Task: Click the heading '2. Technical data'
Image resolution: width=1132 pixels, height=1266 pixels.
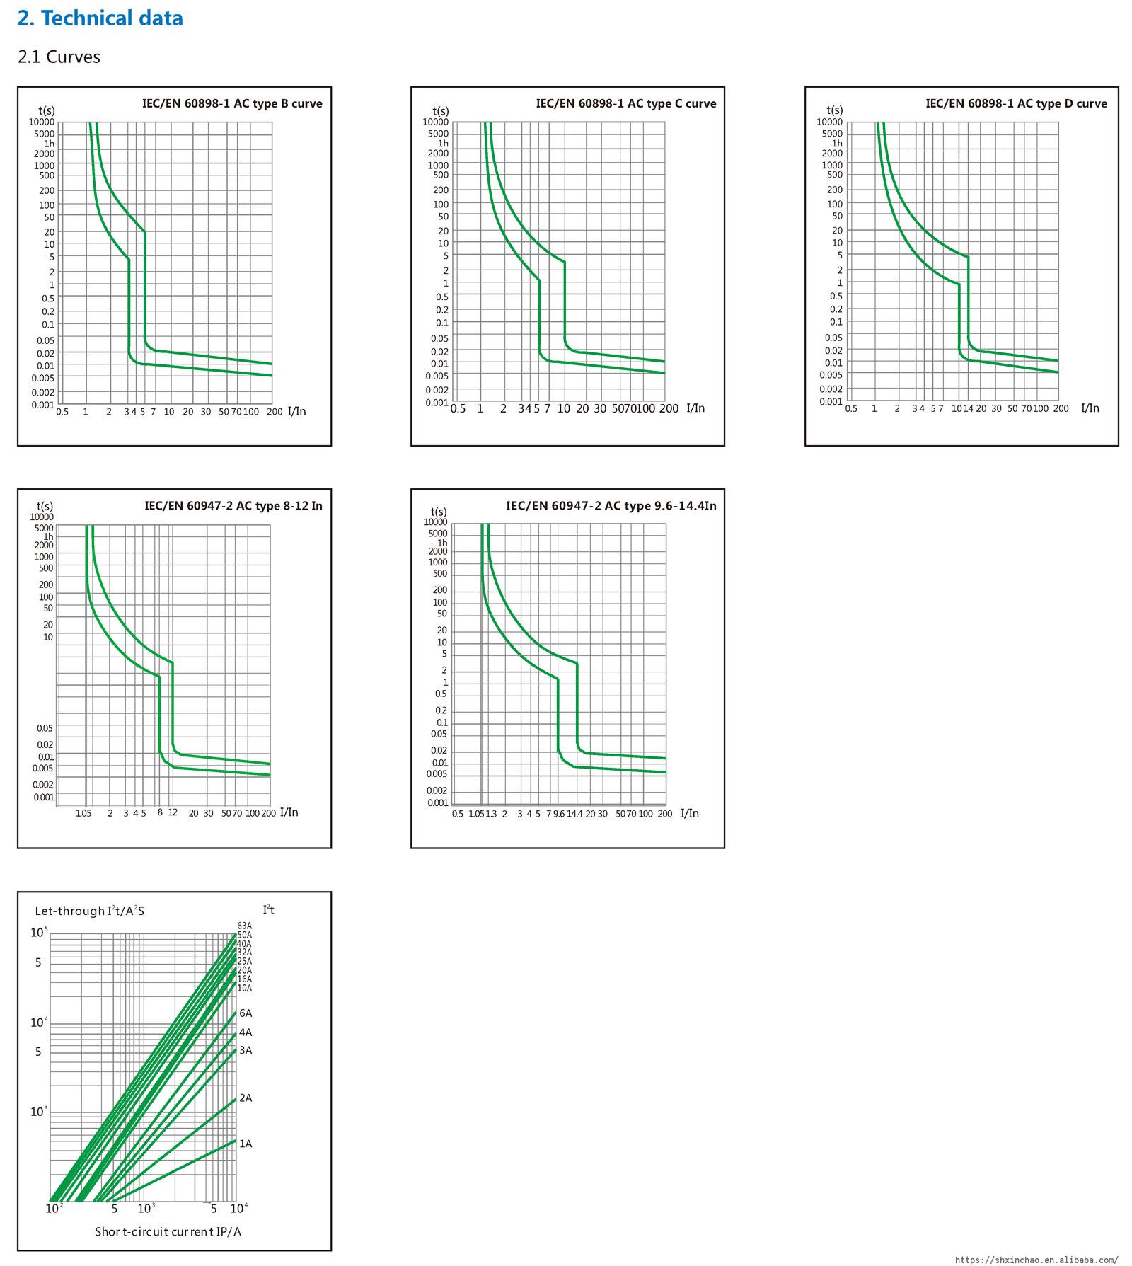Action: (100, 18)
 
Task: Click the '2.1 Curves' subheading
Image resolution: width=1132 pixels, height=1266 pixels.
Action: (59, 57)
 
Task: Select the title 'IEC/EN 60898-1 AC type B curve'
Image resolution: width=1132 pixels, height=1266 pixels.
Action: (232, 103)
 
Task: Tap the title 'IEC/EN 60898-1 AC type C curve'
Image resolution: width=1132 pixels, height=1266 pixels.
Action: (625, 103)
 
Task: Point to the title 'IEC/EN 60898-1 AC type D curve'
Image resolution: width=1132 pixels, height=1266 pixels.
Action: (1016, 103)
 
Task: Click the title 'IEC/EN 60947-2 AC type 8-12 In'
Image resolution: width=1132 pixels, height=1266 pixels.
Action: (233, 505)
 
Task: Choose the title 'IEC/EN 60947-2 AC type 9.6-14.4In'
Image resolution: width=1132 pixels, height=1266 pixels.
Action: (611, 505)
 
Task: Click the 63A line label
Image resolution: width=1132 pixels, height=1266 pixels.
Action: (244, 926)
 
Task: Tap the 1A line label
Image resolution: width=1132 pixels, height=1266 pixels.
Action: (246, 1144)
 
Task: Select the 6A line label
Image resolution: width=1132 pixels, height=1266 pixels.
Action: (246, 1013)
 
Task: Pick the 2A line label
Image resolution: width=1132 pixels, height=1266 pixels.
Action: (246, 1098)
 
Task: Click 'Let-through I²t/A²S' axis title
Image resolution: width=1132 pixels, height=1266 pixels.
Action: (90, 911)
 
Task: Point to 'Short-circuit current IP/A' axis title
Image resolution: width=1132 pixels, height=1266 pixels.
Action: (168, 1231)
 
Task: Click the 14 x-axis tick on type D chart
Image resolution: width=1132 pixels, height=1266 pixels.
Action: (969, 408)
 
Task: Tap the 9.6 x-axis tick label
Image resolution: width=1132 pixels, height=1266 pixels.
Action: (559, 814)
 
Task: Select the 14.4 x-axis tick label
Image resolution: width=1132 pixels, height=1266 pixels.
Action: (574, 814)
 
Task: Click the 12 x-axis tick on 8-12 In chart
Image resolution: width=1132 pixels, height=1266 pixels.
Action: (173, 812)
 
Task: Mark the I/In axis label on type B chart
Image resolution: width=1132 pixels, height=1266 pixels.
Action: (297, 411)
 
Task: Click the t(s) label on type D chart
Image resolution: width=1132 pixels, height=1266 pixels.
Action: (835, 110)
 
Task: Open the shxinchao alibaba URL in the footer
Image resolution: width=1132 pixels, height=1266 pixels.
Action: (1036, 1260)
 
